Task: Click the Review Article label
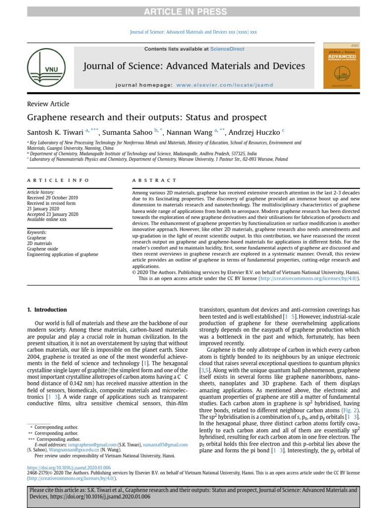click(x=48, y=104)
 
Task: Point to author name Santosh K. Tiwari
click(x=55, y=132)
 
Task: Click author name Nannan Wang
click(x=189, y=132)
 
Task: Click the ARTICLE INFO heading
click(x=58, y=181)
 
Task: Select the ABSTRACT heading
click(x=154, y=181)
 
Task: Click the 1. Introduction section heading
click(x=47, y=310)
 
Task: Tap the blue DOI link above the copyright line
click(x=68, y=468)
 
